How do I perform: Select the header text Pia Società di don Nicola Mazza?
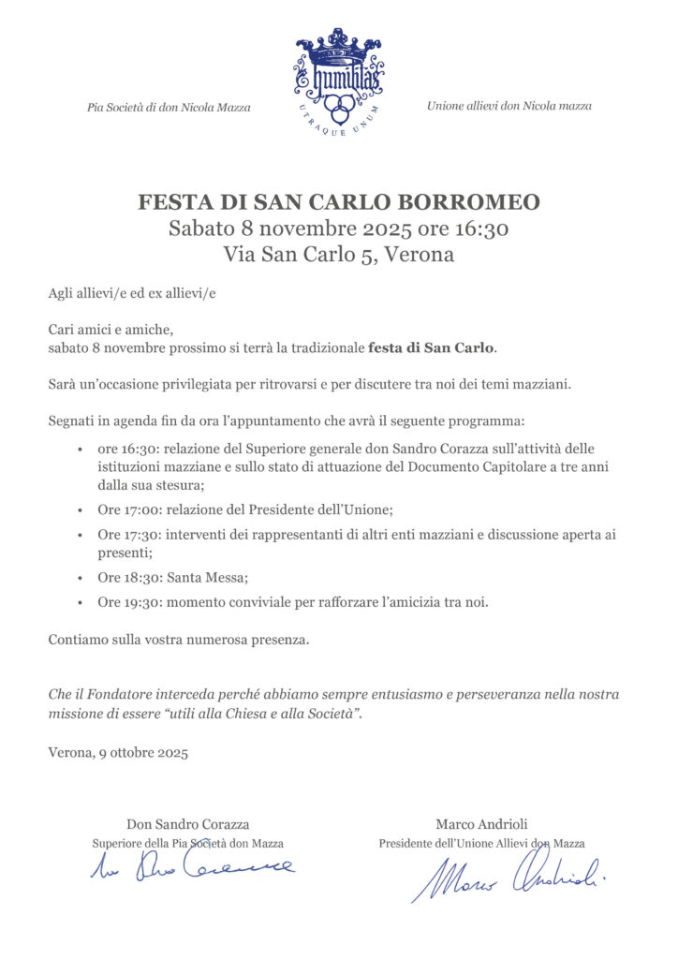(169, 108)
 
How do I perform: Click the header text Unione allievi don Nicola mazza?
(508, 106)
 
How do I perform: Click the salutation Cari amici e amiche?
(111, 330)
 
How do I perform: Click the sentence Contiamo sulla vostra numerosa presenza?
(178, 641)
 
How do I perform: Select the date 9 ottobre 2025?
(143, 753)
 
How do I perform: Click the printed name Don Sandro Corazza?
(188, 824)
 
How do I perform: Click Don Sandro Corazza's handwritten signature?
(192, 865)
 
